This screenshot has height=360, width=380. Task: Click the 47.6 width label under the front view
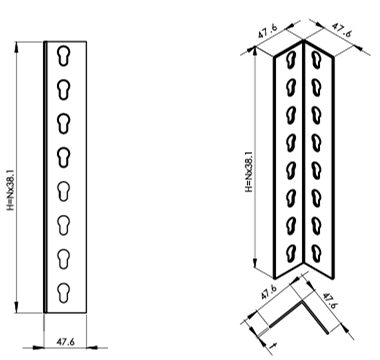coord(64,339)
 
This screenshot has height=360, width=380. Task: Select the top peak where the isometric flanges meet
coord(305,41)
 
